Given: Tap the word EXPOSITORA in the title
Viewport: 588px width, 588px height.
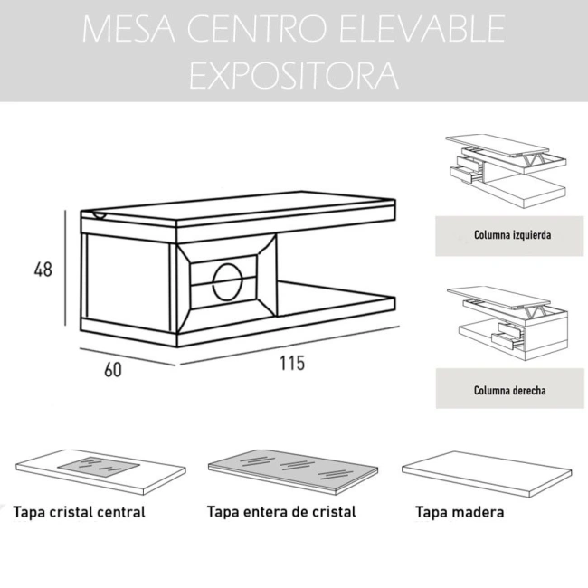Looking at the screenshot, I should pyautogui.click(x=294, y=76).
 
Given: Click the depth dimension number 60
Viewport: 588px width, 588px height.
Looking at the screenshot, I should pyautogui.click(x=112, y=369).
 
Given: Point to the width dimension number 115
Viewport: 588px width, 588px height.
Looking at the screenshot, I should pyautogui.click(x=291, y=364).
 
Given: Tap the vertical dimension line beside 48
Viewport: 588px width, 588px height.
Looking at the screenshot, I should pyautogui.click(x=66, y=269).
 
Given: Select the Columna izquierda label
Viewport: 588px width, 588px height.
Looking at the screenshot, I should pyautogui.click(x=512, y=235).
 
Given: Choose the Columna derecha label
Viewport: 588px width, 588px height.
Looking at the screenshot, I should pyautogui.click(x=512, y=391).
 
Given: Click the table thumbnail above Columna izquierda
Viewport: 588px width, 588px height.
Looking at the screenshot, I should pyautogui.click(x=505, y=168).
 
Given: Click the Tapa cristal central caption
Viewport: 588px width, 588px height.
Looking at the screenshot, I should pyautogui.click(x=80, y=513).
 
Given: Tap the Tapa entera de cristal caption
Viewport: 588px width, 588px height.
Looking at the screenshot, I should pyautogui.click(x=281, y=512).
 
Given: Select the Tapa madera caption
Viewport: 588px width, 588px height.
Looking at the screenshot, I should pyautogui.click(x=460, y=513).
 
